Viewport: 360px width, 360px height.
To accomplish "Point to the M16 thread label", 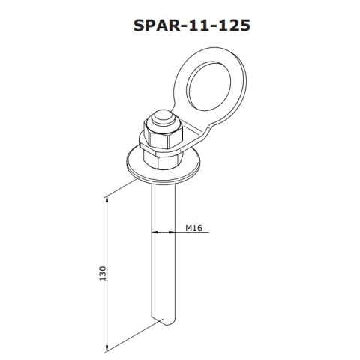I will click(193, 226).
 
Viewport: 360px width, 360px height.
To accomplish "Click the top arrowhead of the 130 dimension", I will click(107, 201).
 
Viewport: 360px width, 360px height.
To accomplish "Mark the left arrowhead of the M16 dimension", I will click(154, 232).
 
